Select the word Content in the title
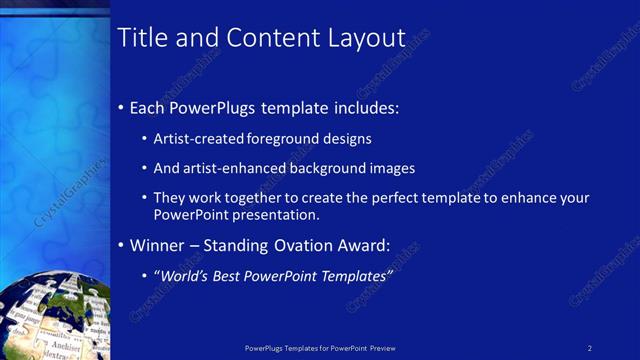(272, 38)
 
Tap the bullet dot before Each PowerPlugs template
(122, 107)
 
